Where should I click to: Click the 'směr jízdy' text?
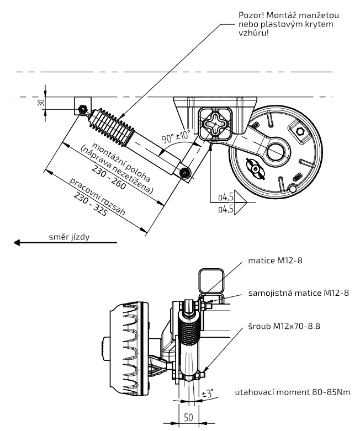(x=70, y=236)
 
